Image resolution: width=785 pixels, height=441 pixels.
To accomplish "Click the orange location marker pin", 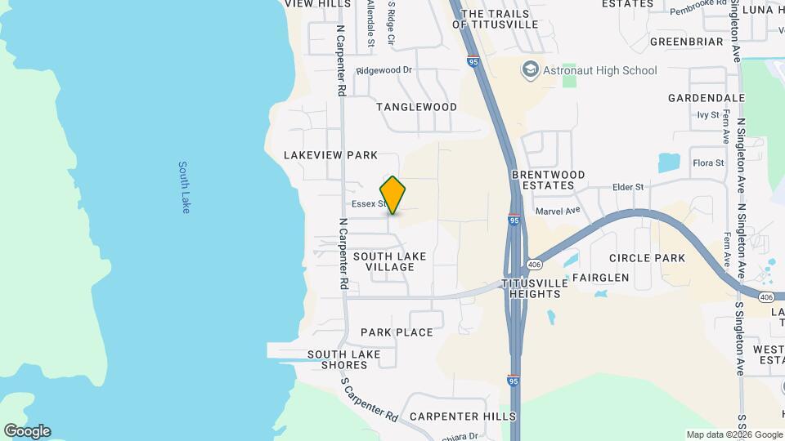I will tap(393, 195).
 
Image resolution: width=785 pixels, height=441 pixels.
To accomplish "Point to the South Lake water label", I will tap(185, 187).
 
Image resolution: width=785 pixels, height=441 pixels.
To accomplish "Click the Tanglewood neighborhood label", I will tap(416, 107).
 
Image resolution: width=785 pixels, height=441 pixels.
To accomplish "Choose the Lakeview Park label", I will tap(330, 155).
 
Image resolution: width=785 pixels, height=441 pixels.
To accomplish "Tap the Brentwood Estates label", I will tap(548, 180).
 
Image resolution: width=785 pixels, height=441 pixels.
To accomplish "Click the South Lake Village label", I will tap(389, 261).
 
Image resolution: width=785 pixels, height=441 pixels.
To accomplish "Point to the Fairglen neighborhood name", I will tap(600, 278).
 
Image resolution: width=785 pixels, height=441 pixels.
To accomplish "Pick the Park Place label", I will tap(397, 332).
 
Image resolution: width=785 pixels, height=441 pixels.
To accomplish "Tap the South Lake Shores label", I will tap(344, 359).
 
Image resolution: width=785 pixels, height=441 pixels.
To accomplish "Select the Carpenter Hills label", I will tap(463, 416).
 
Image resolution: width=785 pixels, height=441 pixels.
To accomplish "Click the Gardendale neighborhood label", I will tap(706, 98).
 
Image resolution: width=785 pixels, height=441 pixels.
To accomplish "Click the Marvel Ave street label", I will tap(558, 210).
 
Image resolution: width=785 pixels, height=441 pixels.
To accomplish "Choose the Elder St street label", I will tap(629, 187).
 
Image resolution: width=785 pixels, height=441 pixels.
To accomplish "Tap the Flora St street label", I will tap(708, 163).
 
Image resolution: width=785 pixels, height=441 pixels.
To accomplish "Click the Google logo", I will tap(27, 431).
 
